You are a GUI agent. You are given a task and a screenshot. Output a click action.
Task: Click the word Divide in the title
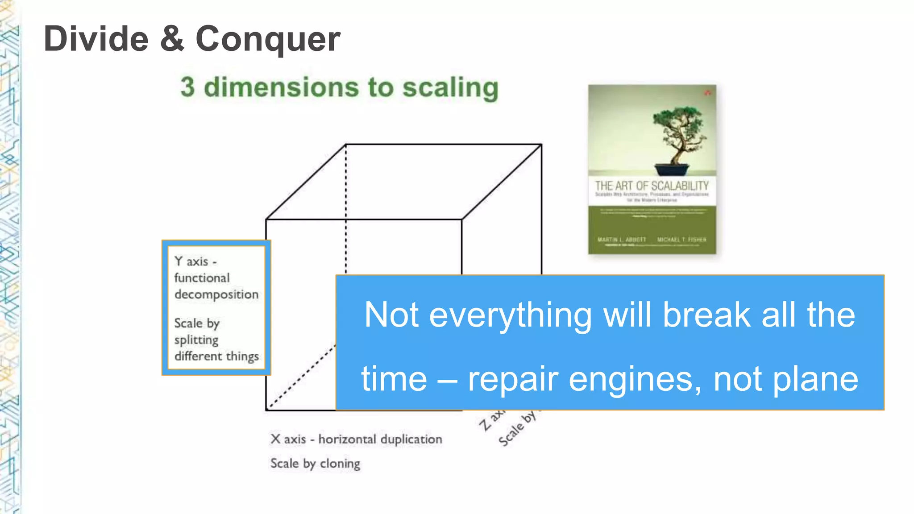96,39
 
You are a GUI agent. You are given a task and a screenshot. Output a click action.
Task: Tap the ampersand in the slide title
172,39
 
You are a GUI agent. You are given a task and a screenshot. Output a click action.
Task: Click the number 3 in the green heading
188,87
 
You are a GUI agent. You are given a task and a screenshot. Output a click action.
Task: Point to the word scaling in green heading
450,88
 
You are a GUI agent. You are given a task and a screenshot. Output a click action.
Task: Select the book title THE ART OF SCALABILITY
652,186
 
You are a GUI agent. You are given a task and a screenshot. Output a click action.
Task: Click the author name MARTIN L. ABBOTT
622,240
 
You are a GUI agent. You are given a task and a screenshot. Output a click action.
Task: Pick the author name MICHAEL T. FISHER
681,240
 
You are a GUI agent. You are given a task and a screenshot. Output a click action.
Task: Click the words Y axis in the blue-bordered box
191,261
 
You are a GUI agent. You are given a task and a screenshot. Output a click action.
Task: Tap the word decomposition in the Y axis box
216,294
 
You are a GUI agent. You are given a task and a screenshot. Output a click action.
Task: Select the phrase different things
216,356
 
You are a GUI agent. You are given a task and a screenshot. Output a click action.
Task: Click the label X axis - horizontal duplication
356,439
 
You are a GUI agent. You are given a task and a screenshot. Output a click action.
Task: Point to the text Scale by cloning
315,464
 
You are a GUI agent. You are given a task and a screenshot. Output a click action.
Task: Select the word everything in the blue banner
511,315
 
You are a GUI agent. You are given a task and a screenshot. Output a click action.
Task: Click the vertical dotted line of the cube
346,210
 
